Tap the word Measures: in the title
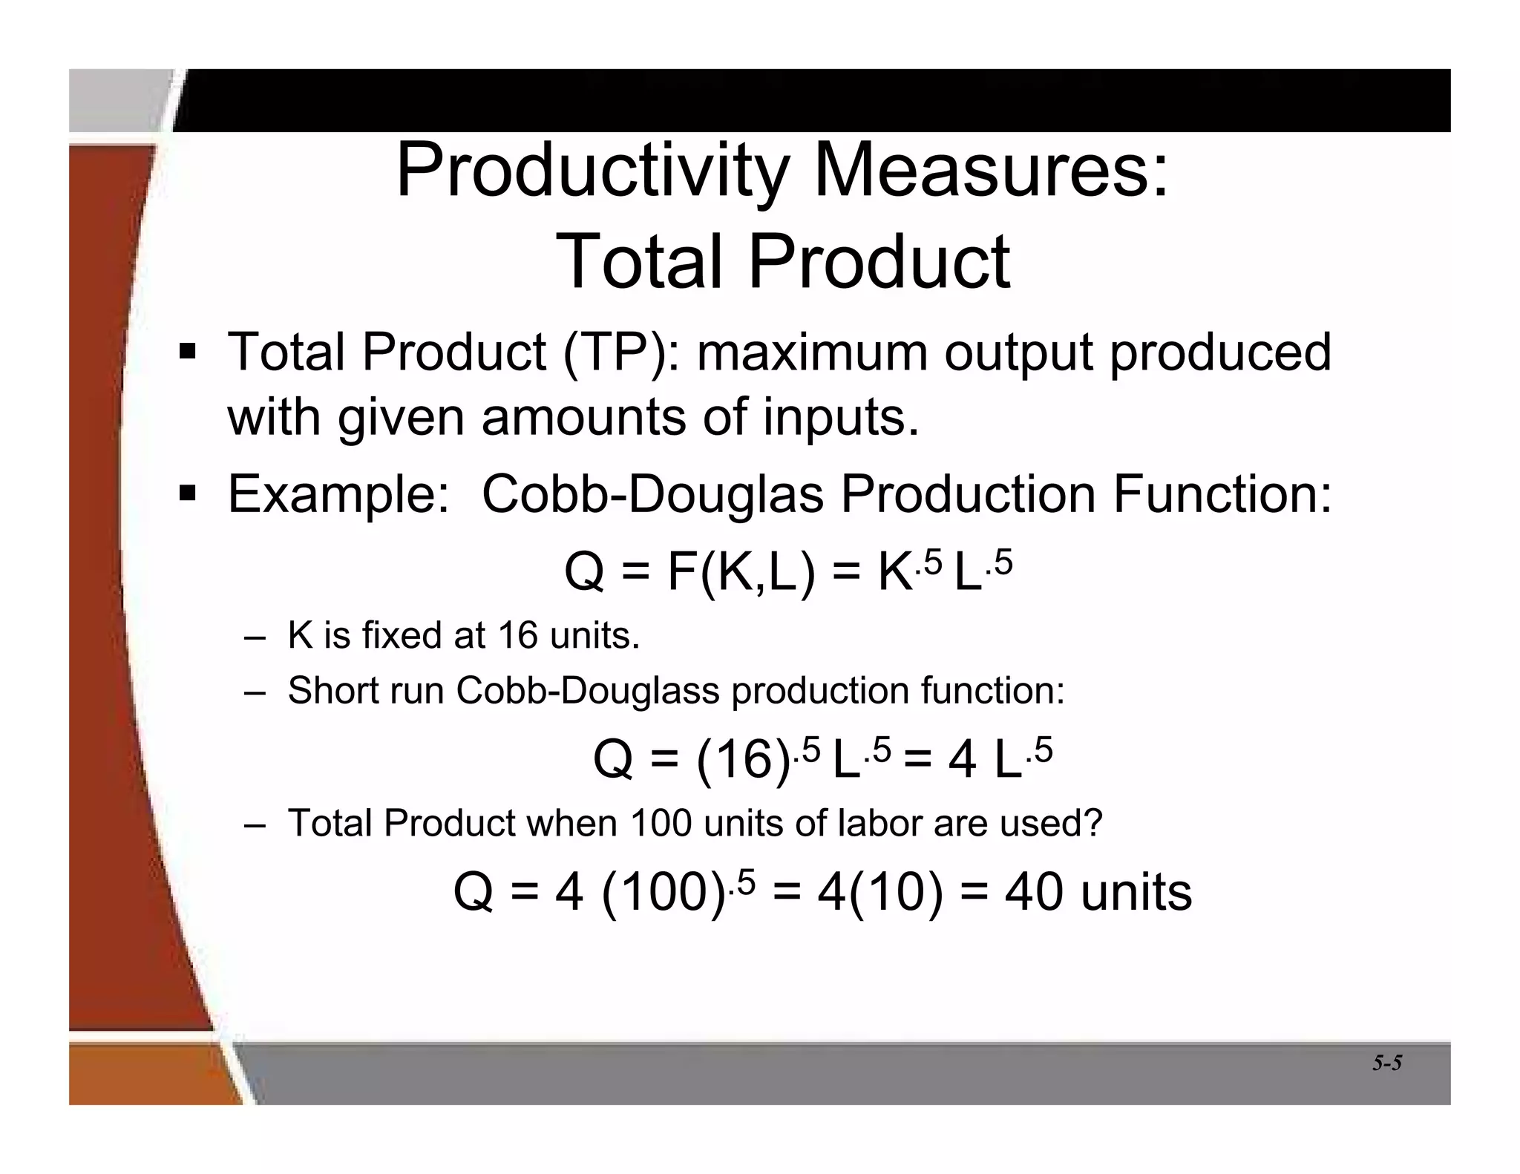pyautogui.click(x=991, y=171)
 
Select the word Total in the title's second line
pyautogui.click(x=639, y=261)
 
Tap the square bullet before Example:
pyautogui.click(x=187, y=493)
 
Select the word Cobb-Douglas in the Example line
pyautogui.click(x=652, y=494)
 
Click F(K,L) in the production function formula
pyautogui.click(x=741, y=572)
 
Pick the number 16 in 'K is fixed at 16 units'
pyautogui.click(x=517, y=636)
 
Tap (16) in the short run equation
pyautogui.click(x=742, y=760)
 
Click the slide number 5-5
pyautogui.click(x=1386, y=1063)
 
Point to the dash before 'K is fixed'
pyautogui.click(x=254, y=637)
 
